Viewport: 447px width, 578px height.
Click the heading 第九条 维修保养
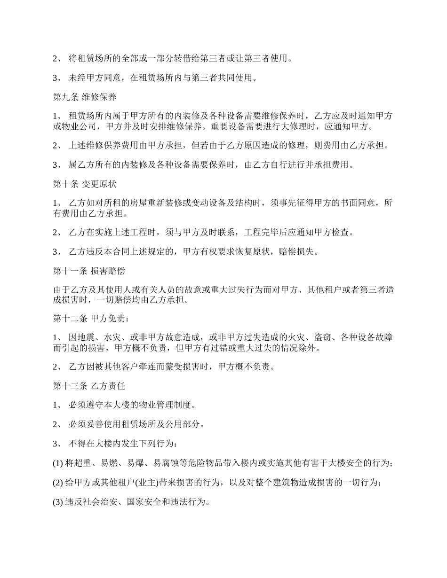[x=85, y=98]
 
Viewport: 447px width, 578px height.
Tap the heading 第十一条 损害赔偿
[x=89, y=271]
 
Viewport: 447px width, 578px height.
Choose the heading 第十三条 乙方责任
[x=89, y=386]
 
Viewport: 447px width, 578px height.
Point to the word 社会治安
[x=100, y=502]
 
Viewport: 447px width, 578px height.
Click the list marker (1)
[x=58, y=463]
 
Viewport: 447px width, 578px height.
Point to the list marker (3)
[x=58, y=502]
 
